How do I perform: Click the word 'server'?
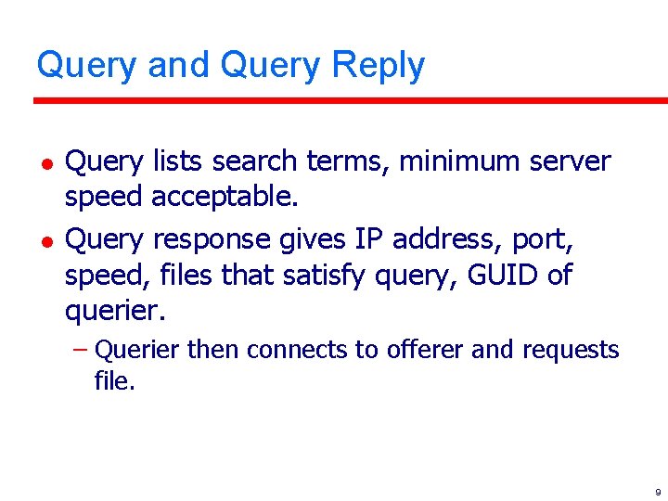click(570, 161)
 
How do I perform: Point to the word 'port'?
click(547, 241)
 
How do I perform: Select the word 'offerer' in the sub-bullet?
click(420, 351)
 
